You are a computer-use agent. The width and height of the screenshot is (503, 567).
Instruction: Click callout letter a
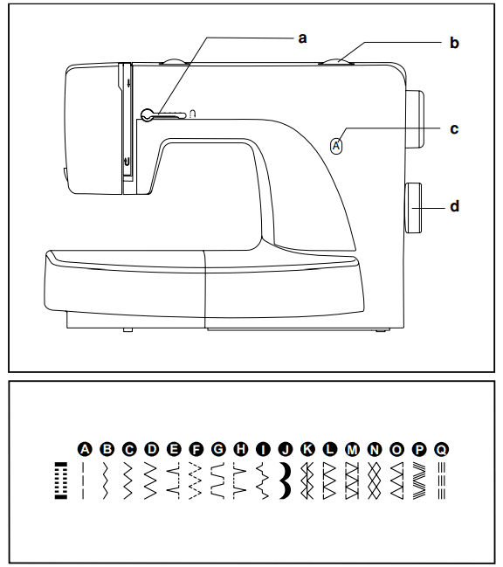[302, 38]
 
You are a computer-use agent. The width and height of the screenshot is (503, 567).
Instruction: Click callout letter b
[454, 41]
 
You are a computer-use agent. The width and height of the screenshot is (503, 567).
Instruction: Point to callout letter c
[454, 128]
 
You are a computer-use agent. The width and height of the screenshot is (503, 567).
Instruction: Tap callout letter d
[454, 207]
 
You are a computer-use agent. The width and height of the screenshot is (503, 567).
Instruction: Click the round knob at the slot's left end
[148, 113]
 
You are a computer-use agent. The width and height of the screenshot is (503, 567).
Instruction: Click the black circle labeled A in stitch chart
[85, 449]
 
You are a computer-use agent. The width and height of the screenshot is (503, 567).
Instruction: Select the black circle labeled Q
[441, 449]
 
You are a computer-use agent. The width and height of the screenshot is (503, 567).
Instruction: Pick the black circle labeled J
[285, 449]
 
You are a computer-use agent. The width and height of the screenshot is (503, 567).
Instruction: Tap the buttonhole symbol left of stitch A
[60, 480]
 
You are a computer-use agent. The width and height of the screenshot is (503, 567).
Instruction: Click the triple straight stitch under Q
[441, 481]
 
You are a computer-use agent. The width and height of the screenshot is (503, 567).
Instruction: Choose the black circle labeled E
[174, 449]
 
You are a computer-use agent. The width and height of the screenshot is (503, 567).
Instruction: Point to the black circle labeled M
[352, 449]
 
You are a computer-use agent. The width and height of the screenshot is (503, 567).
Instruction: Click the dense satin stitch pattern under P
[418, 481]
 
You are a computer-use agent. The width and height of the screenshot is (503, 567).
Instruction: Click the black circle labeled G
[218, 449]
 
